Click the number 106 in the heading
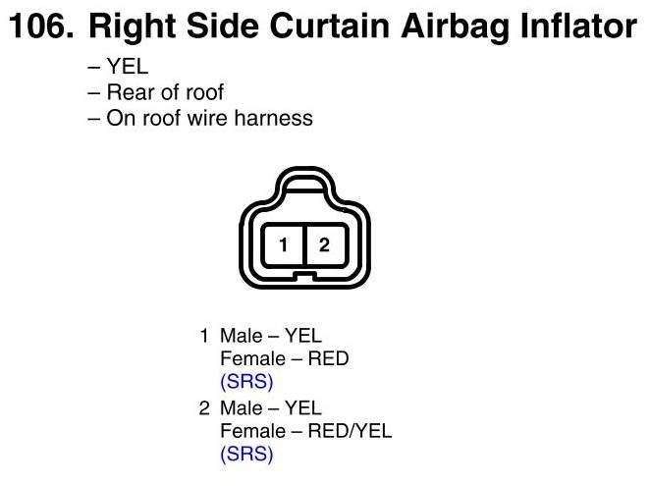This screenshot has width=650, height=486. click(x=41, y=26)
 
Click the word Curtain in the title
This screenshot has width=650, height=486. click(x=330, y=26)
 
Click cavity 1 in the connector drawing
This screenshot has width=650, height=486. click(x=284, y=244)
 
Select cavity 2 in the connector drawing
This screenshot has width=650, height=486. click(x=325, y=244)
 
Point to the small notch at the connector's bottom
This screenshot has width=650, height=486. click(x=305, y=275)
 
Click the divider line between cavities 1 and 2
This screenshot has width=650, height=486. click(x=304, y=244)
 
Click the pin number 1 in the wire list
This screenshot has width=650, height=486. click(x=204, y=336)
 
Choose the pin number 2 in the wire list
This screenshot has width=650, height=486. click(x=204, y=408)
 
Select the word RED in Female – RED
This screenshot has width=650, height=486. click(x=328, y=358)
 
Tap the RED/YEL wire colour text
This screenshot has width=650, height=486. click(x=350, y=431)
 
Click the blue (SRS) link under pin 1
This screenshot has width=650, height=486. click(x=246, y=382)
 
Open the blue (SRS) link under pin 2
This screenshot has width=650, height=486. click(x=246, y=454)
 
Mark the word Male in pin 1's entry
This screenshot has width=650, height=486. click(x=242, y=336)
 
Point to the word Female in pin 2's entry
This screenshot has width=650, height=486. click(x=253, y=431)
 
